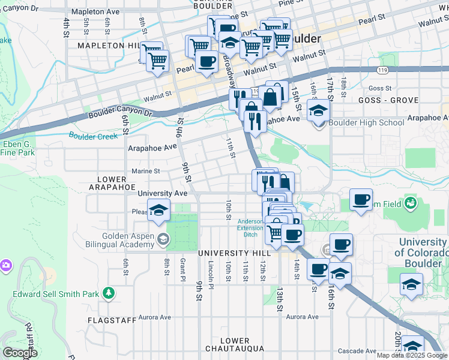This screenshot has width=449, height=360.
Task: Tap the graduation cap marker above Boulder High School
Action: pos(319,110)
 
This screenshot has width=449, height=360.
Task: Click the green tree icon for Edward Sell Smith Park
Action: pos(109,293)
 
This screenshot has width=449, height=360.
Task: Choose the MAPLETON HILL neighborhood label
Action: pos(108,46)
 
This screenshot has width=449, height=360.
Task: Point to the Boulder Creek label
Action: pos(93,136)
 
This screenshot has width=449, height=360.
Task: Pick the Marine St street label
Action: pos(146,171)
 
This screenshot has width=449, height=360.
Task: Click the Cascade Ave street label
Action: pos(356,351)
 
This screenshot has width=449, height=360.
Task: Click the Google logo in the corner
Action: pos(19,353)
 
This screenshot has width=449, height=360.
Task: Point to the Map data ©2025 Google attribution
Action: pos(412,355)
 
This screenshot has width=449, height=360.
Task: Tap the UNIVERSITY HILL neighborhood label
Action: pos(235,253)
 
